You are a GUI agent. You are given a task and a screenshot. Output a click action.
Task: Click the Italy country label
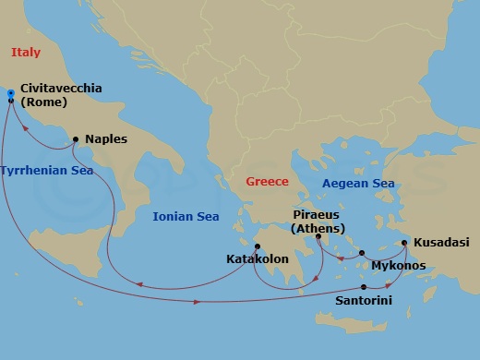[x=26, y=53]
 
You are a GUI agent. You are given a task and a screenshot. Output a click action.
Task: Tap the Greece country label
[x=267, y=182]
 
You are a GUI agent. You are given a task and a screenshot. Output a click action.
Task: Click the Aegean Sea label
[x=358, y=184]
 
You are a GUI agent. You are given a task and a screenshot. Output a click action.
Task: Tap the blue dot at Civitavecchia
[x=10, y=93]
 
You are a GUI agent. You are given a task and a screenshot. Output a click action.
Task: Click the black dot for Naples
[x=75, y=140]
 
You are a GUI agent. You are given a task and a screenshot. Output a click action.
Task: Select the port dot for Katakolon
[x=259, y=246]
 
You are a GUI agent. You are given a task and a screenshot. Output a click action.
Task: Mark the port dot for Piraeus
[x=318, y=236]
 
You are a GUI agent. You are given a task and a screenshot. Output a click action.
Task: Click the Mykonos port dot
[x=362, y=252]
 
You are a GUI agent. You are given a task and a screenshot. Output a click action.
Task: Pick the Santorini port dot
[x=363, y=287]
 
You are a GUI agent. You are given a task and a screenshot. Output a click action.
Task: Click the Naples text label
[x=105, y=139]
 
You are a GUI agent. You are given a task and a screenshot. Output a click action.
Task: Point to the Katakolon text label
[x=258, y=260]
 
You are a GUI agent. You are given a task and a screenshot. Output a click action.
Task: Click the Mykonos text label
[x=397, y=265]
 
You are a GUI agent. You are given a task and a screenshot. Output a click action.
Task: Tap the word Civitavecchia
[x=61, y=89]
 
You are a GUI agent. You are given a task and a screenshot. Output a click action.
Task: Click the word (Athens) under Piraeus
[x=318, y=229]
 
